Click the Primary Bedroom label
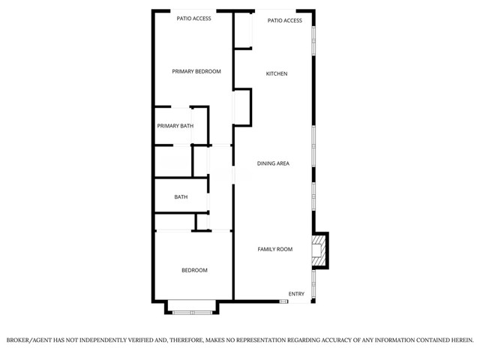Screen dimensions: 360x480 click(x=196, y=71)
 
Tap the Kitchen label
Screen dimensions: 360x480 click(x=277, y=73)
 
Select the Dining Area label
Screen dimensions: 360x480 click(x=273, y=163)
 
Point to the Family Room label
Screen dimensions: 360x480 click(x=275, y=249)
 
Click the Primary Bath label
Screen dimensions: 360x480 click(x=175, y=126)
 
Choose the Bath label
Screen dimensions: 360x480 click(x=181, y=197)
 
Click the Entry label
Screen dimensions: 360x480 click(x=297, y=294)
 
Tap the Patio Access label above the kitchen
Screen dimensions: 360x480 click(x=285, y=20)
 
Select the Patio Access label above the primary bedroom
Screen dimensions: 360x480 click(x=193, y=18)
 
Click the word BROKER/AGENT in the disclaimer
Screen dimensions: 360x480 click(x=30, y=340)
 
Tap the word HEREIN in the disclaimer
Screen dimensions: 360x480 click(x=458, y=340)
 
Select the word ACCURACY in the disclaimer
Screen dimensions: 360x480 click(x=313, y=340)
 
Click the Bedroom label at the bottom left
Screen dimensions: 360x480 click(x=194, y=270)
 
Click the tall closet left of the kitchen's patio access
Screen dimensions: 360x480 click(x=242, y=30)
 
